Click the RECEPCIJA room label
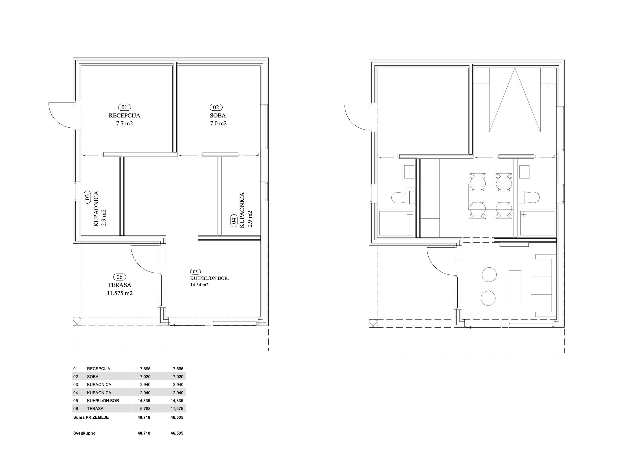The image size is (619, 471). tap(124, 115)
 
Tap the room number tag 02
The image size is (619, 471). tap(216, 107)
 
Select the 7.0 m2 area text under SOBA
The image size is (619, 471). tap(218, 123)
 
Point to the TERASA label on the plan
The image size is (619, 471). tap(120, 285)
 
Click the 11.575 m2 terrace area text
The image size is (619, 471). tap(120, 293)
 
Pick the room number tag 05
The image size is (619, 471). tap(196, 272)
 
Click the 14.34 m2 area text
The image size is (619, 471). tap(199, 285)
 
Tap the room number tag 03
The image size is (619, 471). tap(87, 197)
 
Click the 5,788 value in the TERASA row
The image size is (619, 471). tap(145, 409)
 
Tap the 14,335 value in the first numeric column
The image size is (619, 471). tap(144, 401)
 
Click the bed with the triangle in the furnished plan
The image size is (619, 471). tap(515, 100)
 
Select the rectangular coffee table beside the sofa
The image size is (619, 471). tap(515, 286)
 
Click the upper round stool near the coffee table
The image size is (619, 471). tap(489, 274)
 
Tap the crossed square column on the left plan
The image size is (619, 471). tap(77, 321)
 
